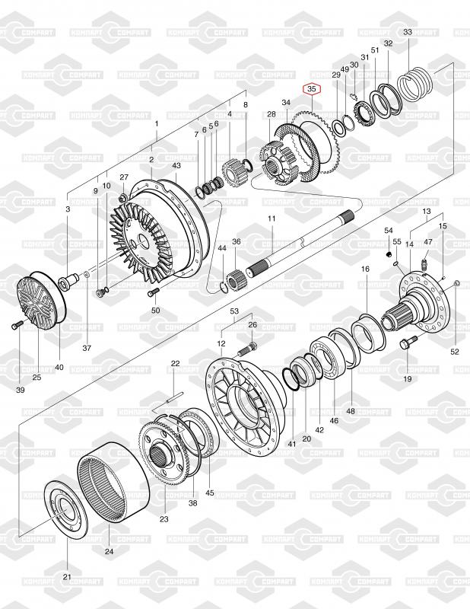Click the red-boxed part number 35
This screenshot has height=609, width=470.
tap(312, 89)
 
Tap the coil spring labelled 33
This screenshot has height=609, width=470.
tap(415, 84)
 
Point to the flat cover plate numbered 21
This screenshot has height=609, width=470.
tap(66, 509)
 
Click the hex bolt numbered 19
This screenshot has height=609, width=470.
tap(408, 342)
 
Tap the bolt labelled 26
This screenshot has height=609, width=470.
tap(246, 349)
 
